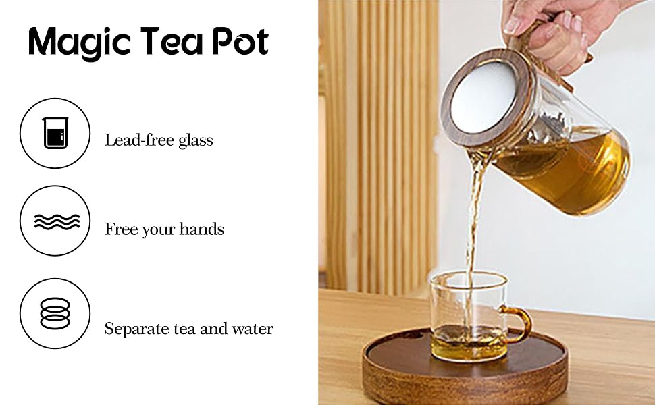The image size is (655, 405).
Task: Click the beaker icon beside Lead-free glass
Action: click(x=55, y=133)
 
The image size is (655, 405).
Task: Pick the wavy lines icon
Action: click(x=55, y=221)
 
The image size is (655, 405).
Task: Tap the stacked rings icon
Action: click(x=55, y=313)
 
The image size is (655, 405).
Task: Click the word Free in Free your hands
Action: click(x=120, y=230)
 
